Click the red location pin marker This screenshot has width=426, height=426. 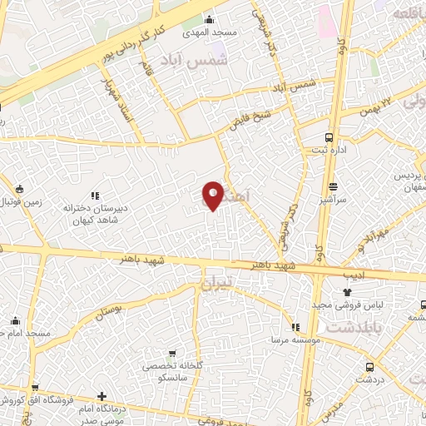coord(213,196)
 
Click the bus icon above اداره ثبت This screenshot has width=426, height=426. coord(330,136)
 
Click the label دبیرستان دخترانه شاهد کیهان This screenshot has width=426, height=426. coord(94,206)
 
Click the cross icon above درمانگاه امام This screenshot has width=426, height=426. coord(102,396)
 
